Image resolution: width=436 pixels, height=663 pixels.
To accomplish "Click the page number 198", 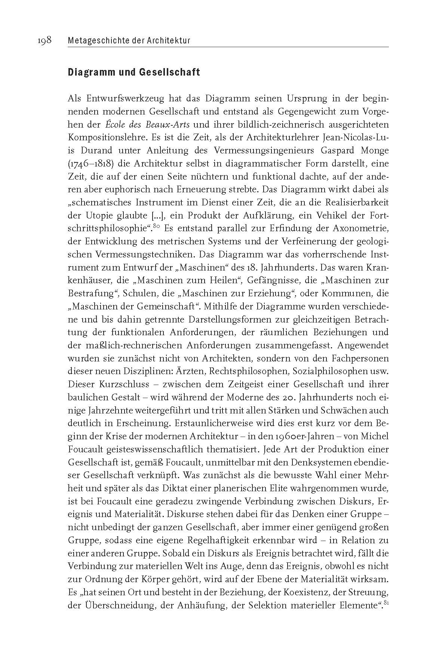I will click(44, 40).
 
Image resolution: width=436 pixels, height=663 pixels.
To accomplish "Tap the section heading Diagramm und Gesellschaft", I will click(133, 72).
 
